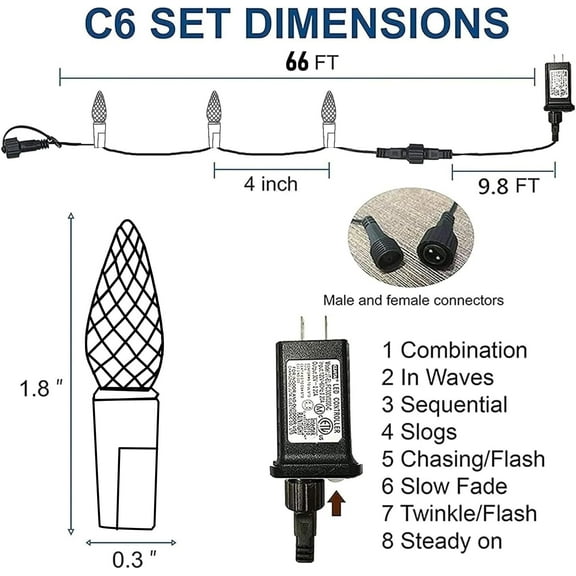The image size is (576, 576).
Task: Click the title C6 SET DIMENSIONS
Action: (x=288, y=25)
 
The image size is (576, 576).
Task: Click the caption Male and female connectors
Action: (x=413, y=300)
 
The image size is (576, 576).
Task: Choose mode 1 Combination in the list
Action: (x=454, y=351)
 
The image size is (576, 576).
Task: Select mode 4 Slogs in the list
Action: (x=419, y=432)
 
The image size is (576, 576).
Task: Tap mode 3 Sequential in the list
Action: (x=444, y=405)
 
